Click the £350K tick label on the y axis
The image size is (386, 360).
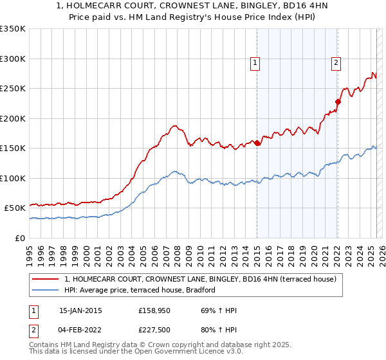pyautogui.click(x=13, y=29)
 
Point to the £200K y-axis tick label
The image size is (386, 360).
pyautogui.click(x=13, y=118)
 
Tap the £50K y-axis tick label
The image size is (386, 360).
pyautogui.click(x=15, y=208)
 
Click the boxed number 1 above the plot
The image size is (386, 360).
pyautogui.click(x=256, y=63)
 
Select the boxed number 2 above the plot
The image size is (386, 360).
pyautogui.click(x=336, y=63)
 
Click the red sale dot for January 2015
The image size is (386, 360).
pyautogui.click(x=257, y=143)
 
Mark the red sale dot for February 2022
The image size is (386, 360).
pyautogui.click(x=337, y=101)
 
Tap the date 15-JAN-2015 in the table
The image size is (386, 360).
pyautogui.click(x=80, y=310)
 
